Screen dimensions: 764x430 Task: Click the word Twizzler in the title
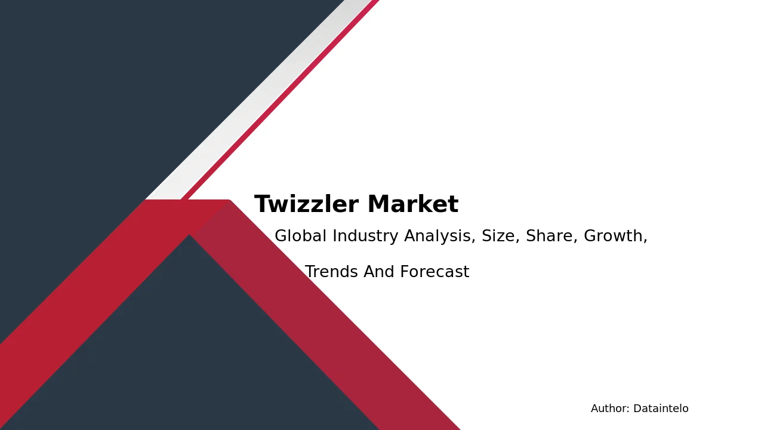coord(306,204)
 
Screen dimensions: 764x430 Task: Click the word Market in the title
coord(413,204)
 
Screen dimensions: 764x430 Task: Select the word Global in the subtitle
coord(300,235)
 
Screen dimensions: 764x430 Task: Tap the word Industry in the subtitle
coord(365,236)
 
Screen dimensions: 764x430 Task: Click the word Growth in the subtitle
coord(613,235)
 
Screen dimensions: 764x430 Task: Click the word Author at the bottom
coord(610,408)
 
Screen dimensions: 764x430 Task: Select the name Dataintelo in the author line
coord(661,408)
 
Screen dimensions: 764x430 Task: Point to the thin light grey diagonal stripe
coord(258,99)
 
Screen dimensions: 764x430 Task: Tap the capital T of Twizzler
coord(263,204)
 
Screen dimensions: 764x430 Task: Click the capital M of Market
coord(378,204)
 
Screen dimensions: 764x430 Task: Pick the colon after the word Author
coord(629,410)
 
